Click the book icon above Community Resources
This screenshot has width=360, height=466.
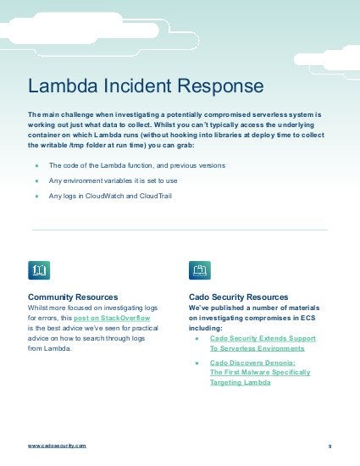coord(39,270)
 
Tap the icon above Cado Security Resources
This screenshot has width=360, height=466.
coord(200,270)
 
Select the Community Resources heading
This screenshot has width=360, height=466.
coord(73,297)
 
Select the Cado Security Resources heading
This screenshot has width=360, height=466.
coord(239,297)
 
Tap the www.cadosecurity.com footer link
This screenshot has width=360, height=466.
coord(57,445)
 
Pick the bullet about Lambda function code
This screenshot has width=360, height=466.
coord(137,165)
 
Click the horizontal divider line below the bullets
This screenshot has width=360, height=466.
coord(180,230)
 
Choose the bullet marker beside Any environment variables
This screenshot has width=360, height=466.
coord(37,180)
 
